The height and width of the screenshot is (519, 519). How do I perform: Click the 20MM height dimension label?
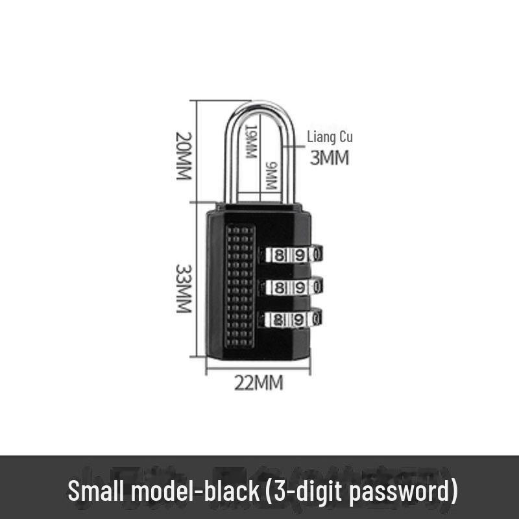click(x=184, y=156)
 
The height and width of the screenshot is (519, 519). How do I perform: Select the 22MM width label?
click(x=258, y=383)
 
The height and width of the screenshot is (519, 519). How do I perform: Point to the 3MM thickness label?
click(x=330, y=158)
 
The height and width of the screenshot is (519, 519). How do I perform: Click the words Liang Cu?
click(x=330, y=138)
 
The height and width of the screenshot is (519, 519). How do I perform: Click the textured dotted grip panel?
click(x=239, y=285)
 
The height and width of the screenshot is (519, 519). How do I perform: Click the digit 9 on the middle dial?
click(x=300, y=286)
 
